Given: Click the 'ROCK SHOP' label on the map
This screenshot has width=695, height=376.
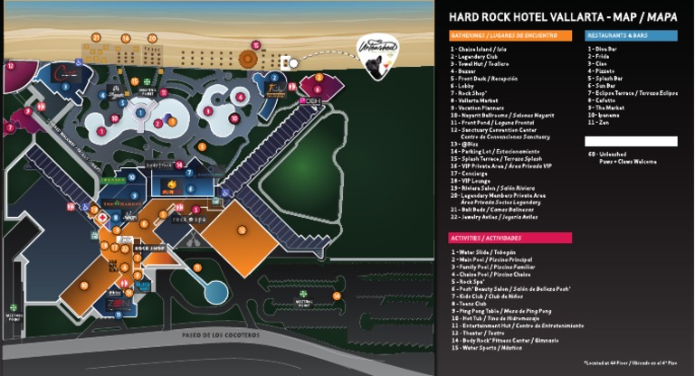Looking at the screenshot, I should [148, 247].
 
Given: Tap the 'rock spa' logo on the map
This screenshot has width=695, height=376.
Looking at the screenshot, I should [184, 220].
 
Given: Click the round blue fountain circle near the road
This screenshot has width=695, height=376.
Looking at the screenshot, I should [215, 291].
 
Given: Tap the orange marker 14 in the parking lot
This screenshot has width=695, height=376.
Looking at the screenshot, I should [337, 295].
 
